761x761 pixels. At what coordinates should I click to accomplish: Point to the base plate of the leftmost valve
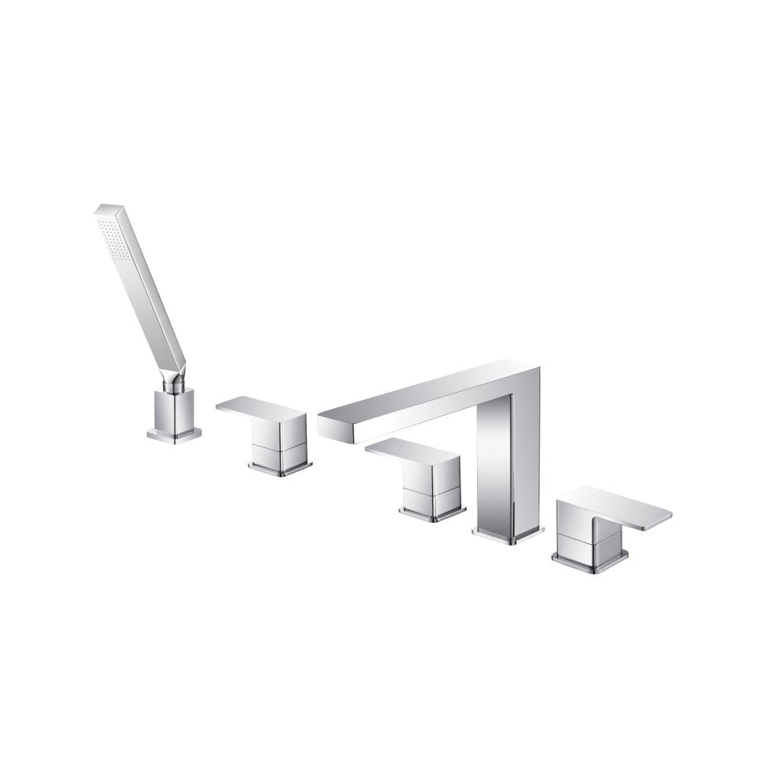pos(280,466)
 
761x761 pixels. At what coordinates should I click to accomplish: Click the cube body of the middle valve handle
pos(432,477)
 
